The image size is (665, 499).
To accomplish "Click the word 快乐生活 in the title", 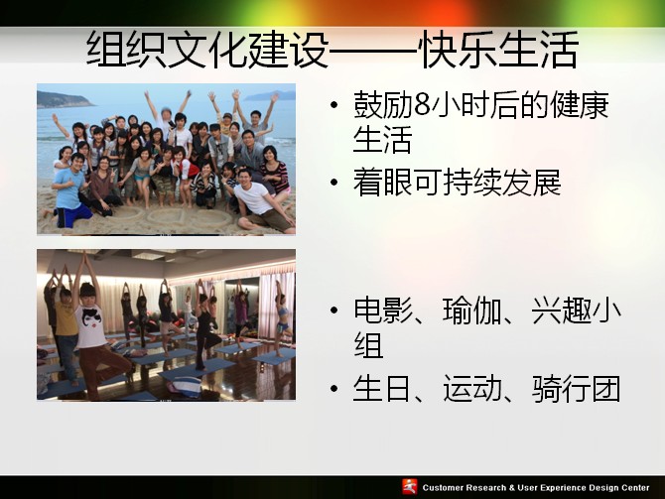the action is tap(499, 50).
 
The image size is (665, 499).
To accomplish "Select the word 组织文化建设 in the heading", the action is tap(207, 50).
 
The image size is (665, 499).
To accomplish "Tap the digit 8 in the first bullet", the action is tap(423, 105).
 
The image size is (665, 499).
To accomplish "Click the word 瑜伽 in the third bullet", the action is tap(471, 311).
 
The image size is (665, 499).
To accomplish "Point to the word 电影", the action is tap(383, 311).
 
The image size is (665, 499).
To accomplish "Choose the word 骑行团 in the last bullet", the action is tap(576, 389).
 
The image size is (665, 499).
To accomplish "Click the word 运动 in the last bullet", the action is tap(472, 389).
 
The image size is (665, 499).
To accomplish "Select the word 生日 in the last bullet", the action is tap(382, 389).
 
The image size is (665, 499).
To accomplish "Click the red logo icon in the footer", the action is tap(410, 487).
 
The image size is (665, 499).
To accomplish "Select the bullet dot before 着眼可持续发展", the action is tap(334, 183).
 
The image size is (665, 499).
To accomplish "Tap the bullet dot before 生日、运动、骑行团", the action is tap(334, 389).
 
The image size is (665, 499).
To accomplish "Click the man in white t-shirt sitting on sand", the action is tap(261, 201).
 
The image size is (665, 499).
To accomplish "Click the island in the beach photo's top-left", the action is tap(64, 100).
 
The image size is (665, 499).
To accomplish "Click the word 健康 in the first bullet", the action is tap(579, 105).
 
